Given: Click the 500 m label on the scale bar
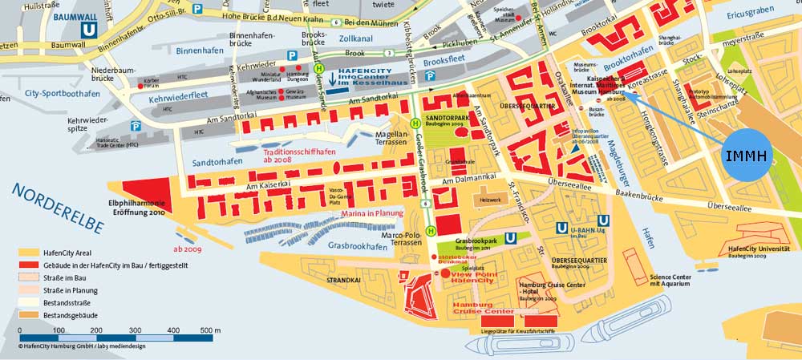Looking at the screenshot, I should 211,330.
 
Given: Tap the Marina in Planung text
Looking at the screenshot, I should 371,214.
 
